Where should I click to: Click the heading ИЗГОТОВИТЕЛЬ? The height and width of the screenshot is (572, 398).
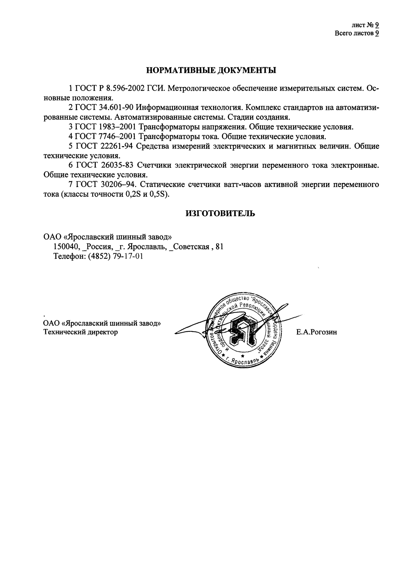click(221, 214)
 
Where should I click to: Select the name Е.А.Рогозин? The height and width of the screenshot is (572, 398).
click(317, 332)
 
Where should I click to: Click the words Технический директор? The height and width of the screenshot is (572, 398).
click(81, 332)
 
